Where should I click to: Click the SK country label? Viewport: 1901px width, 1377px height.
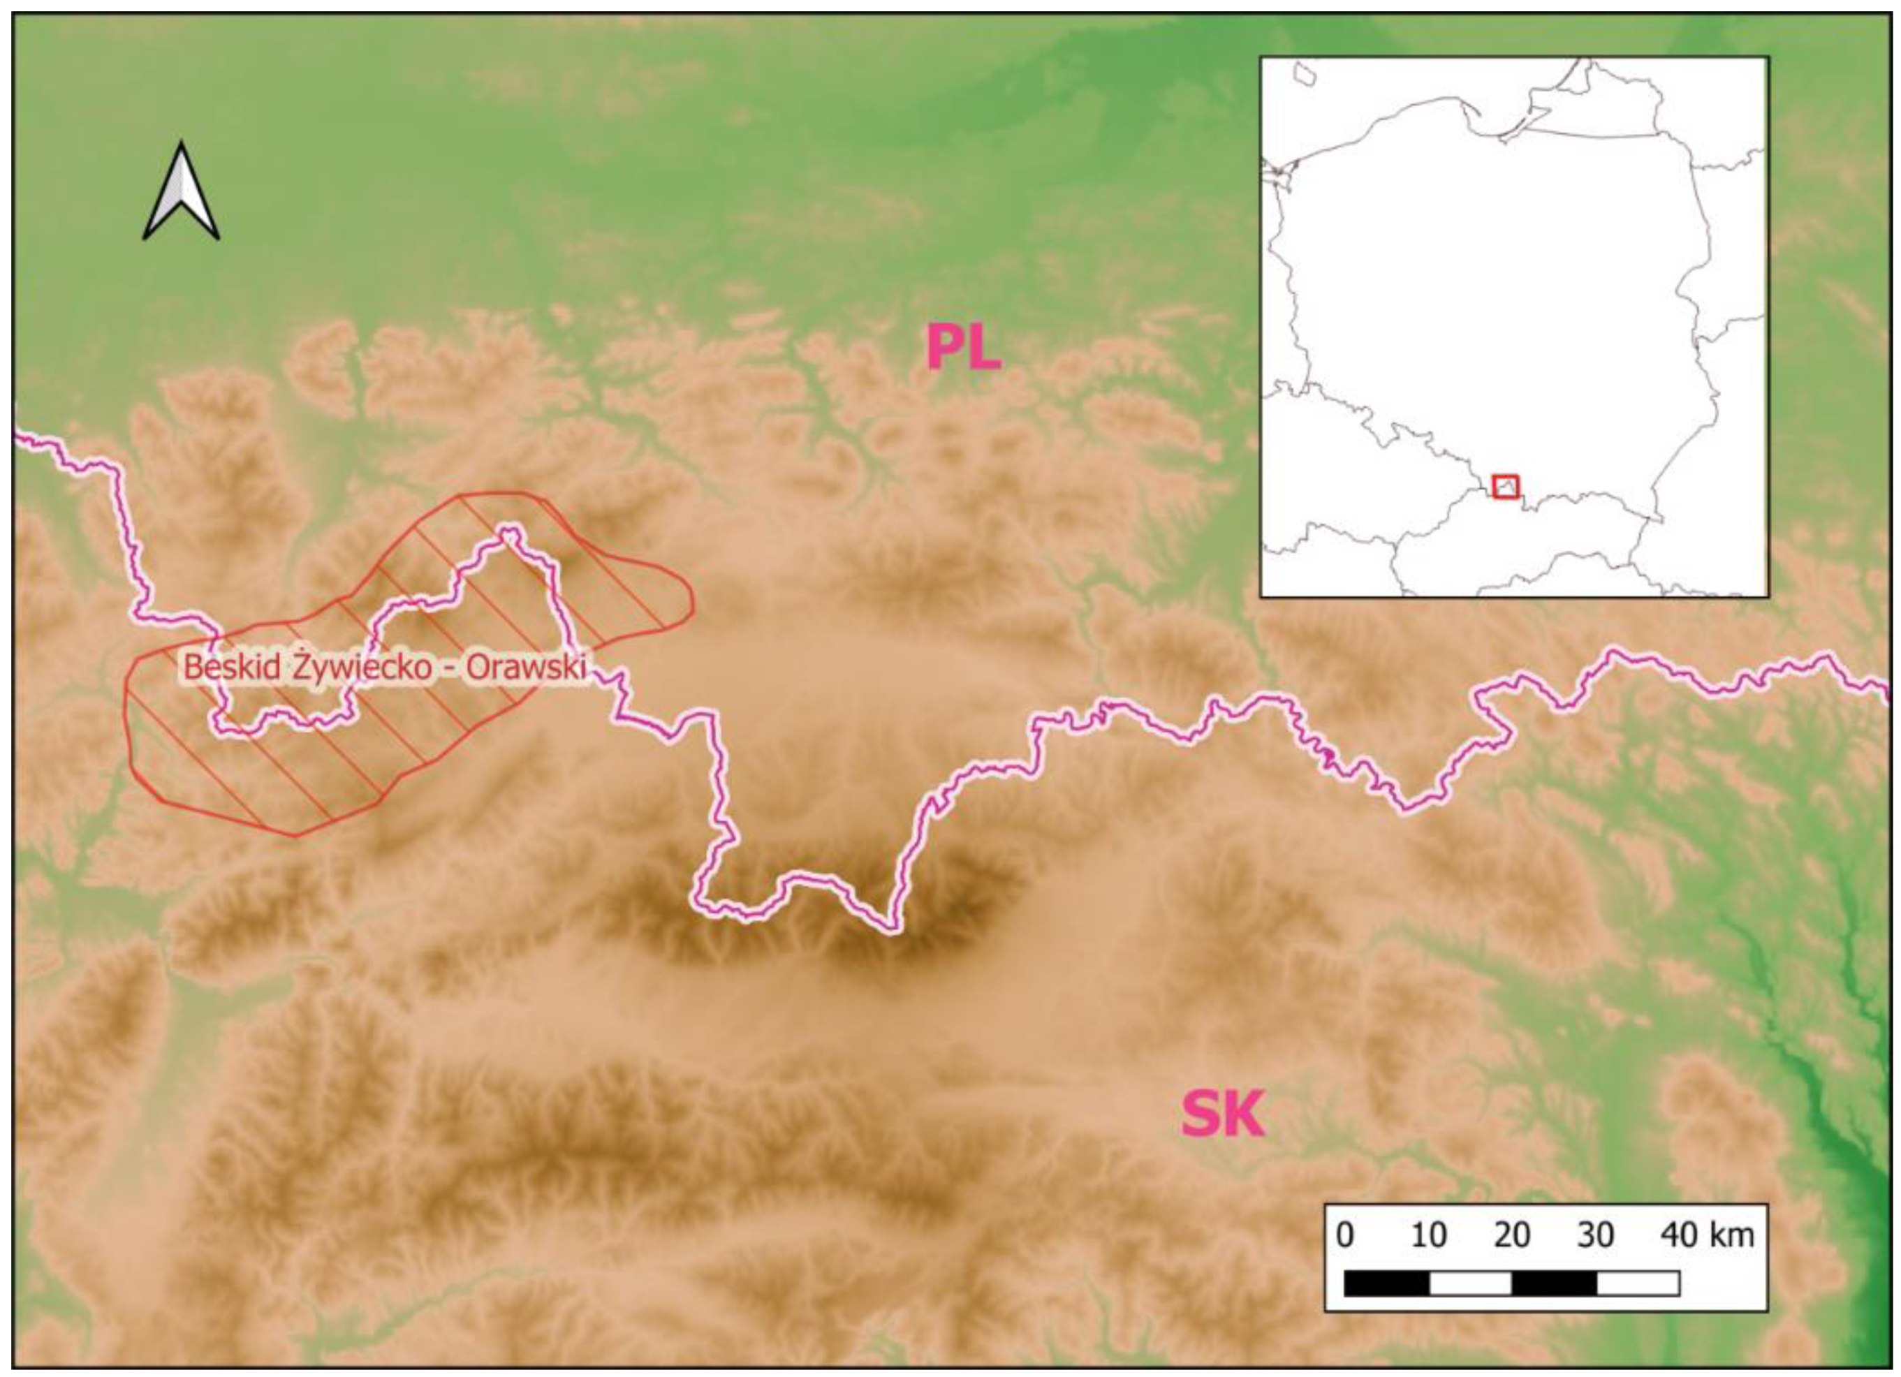click(1222, 1113)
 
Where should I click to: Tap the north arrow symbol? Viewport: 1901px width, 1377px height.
click(181, 192)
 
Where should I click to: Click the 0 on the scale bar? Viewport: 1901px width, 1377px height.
click(1344, 1235)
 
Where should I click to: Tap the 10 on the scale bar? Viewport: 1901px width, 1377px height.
click(1428, 1235)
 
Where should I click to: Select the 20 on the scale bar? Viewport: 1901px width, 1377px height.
click(1512, 1235)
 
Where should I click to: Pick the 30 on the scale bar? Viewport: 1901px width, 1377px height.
click(1595, 1235)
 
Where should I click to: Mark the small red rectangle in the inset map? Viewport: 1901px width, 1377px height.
click(1506, 486)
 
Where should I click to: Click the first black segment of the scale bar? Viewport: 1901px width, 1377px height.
click(1386, 1283)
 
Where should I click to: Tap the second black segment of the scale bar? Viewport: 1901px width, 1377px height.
click(1554, 1283)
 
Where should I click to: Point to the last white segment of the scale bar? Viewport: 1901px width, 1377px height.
click(1637, 1283)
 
